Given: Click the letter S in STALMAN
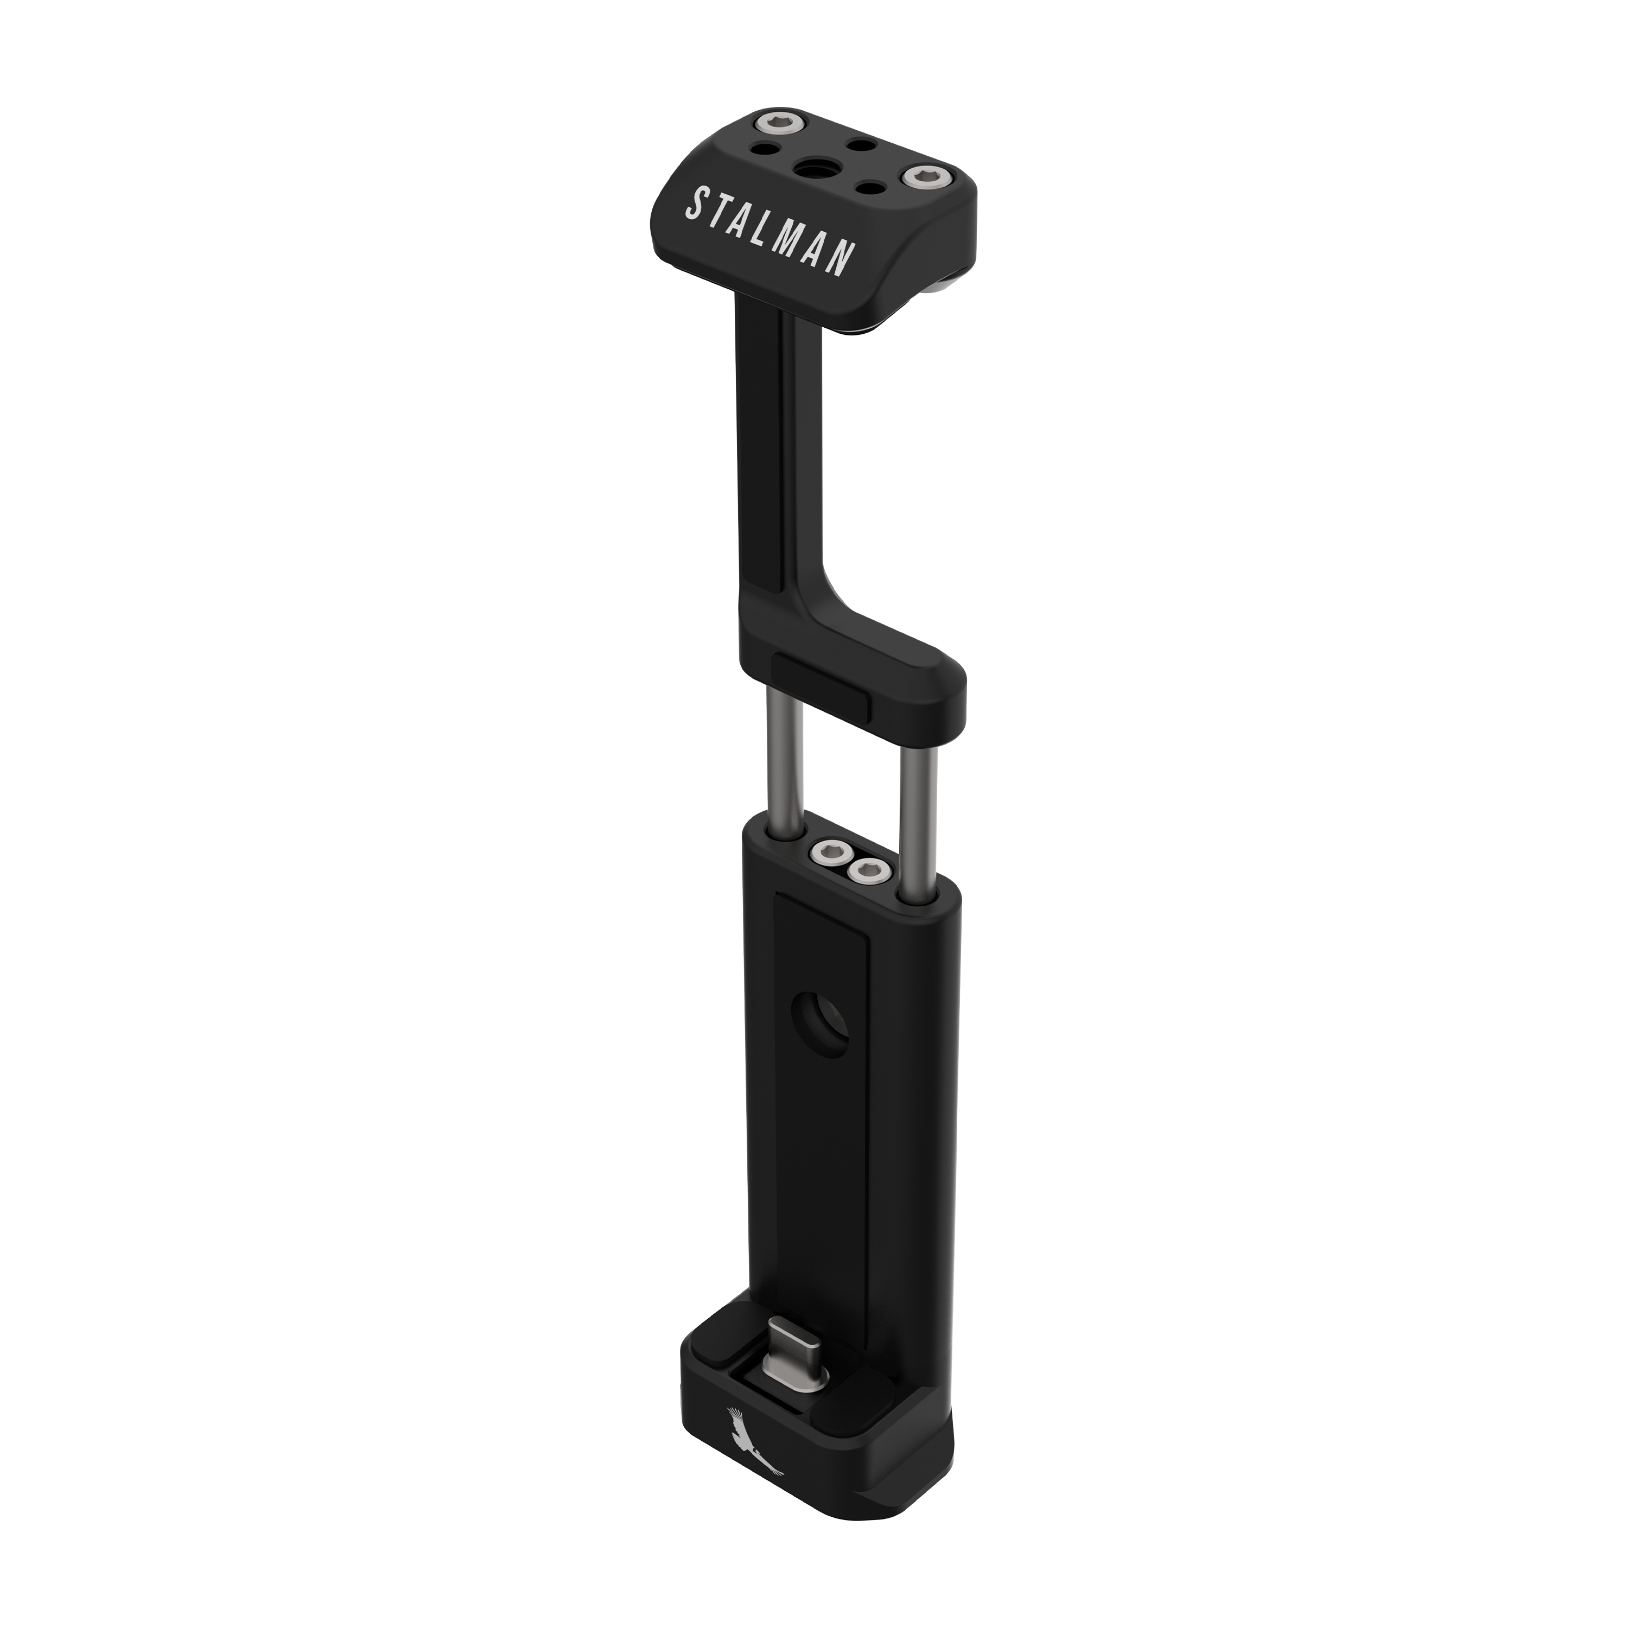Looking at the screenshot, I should (x=697, y=204).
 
